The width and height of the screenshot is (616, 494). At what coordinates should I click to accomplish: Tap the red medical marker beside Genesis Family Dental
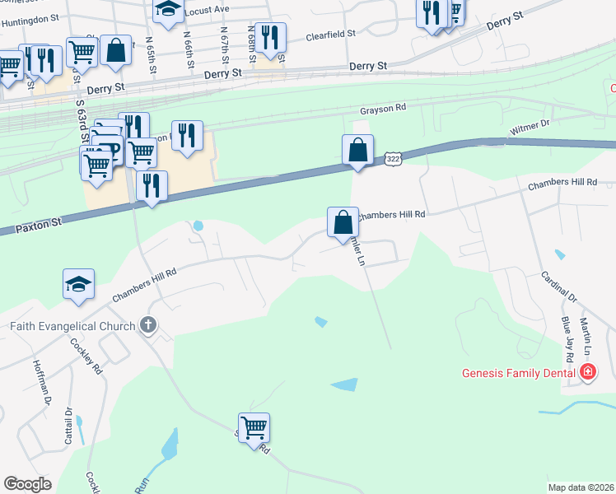coord(587,372)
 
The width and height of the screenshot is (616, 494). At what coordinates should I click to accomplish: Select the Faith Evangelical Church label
coord(72,326)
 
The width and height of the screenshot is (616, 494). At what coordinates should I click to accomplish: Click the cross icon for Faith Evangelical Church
coord(147,325)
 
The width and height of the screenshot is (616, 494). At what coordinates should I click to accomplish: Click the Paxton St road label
coord(39,223)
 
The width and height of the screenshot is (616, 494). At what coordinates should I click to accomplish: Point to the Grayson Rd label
coord(383,108)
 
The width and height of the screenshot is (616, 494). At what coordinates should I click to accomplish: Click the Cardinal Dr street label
coord(559,287)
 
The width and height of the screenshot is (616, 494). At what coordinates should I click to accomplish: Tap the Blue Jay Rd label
coord(567,339)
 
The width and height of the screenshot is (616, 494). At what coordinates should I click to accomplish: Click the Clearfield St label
coord(330,35)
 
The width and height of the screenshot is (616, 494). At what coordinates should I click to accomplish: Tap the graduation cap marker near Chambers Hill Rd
coord(79,284)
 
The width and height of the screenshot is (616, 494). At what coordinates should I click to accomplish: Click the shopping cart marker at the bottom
coord(254,427)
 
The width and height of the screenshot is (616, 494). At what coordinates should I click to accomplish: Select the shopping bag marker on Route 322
coord(357,151)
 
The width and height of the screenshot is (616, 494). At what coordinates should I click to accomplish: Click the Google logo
coord(27,483)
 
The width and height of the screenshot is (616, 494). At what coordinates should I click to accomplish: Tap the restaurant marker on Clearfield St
coord(270,37)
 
